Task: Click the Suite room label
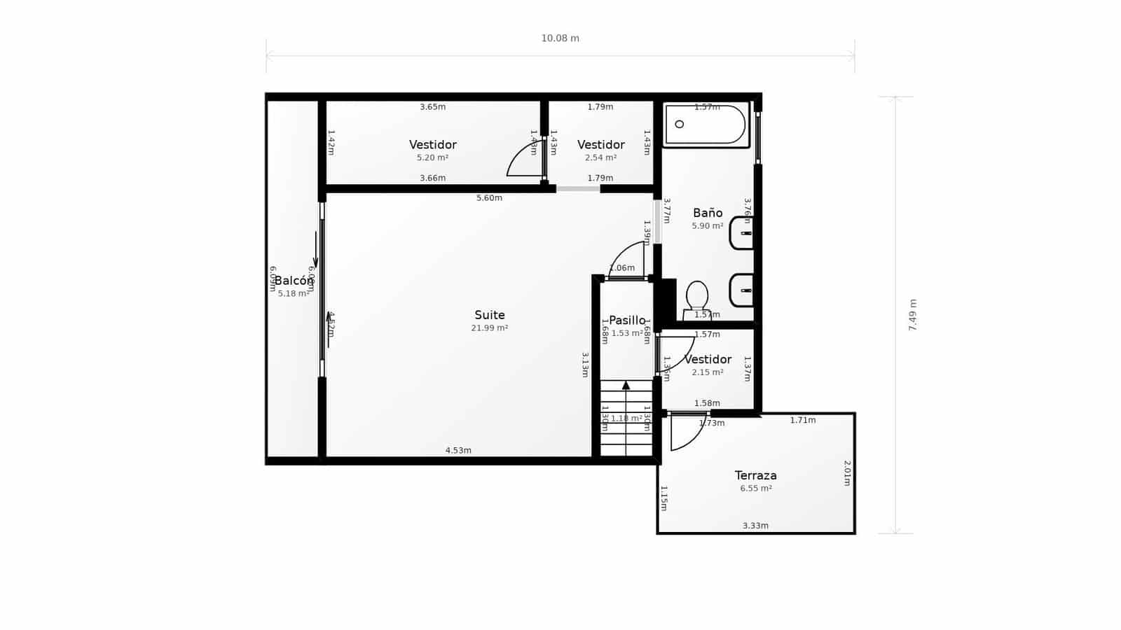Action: (x=489, y=315)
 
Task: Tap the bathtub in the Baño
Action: (x=706, y=125)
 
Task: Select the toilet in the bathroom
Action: (x=697, y=298)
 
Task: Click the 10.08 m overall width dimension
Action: (x=560, y=38)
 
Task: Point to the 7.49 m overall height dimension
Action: (x=912, y=315)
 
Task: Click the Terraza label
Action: (x=755, y=475)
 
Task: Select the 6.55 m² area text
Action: (x=755, y=489)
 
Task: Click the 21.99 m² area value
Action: (x=489, y=328)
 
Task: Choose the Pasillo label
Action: (x=626, y=321)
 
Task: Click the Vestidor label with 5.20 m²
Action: (x=432, y=145)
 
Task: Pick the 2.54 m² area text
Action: (x=600, y=157)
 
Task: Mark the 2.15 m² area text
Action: (x=707, y=372)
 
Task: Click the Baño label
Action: (x=707, y=213)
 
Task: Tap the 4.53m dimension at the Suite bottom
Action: (x=458, y=450)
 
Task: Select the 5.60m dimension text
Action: (x=489, y=198)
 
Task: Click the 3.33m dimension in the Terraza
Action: (x=755, y=526)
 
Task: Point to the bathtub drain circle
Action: (x=679, y=124)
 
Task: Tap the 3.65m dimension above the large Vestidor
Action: (x=432, y=107)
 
